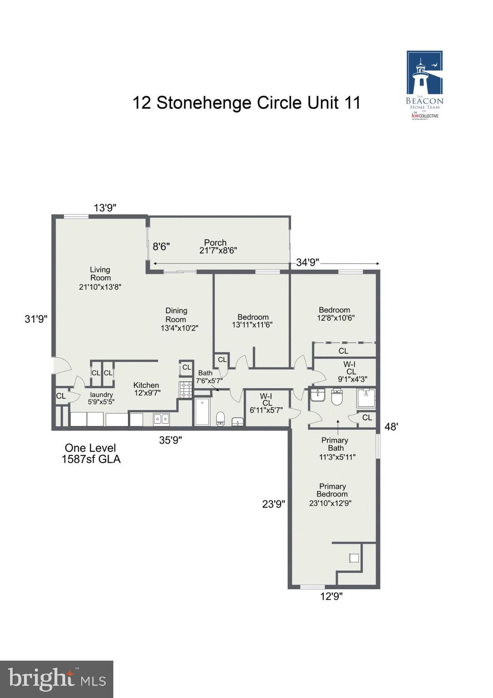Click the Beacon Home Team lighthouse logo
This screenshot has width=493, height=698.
coord(424,85)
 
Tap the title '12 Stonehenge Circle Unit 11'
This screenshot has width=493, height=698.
coord(246,103)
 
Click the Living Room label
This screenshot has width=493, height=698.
coord(100,278)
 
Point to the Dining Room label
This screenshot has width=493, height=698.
coord(178,319)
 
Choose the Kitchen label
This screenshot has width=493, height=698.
coord(147,389)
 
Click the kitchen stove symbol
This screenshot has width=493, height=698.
coord(186,390)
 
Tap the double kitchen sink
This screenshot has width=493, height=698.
coord(161,419)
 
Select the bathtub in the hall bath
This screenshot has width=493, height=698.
coord(202,412)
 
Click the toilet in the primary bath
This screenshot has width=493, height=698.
coord(336,397)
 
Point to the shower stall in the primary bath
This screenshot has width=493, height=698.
coord(366,399)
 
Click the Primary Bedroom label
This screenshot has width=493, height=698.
coord(331,494)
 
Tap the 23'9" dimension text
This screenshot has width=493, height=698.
coord(274,504)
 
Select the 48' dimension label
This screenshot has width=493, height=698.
coord(391,427)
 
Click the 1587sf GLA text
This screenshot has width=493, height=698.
coord(91,459)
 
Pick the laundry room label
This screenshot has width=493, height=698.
coord(101,398)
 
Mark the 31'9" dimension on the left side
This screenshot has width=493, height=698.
coord(36,319)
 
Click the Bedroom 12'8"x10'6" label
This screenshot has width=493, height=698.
coord(335,314)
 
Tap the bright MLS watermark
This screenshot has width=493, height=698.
coord(57,679)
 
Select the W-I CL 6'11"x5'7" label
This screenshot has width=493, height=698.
coord(266,403)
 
